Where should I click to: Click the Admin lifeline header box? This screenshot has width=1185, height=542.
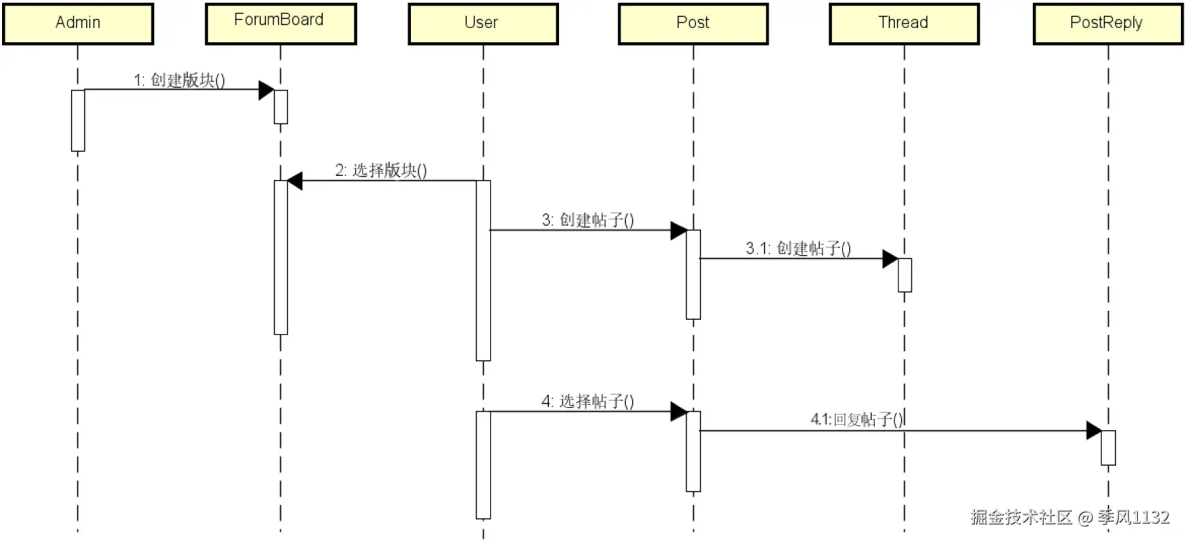[x=78, y=24]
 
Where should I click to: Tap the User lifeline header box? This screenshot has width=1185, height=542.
[x=483, y=24]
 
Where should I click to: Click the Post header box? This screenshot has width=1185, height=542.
[x=693, y=24]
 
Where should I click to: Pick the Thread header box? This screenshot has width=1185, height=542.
[x=904, y=24]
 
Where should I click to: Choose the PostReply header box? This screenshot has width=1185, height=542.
[x=1107, y=24]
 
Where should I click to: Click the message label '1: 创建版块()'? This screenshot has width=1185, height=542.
[x=179, y=80]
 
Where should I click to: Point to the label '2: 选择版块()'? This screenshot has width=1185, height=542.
[x=380, y=170]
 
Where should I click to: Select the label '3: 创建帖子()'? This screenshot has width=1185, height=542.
[x=588, y=220]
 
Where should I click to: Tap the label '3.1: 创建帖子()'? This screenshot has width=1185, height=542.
[x=798, y=249]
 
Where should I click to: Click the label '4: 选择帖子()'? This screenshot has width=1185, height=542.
[x=588, y=402]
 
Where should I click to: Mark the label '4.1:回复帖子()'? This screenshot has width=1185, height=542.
[x=857, y=419]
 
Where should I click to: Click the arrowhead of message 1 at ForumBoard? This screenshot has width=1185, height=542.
[x=266, y=90]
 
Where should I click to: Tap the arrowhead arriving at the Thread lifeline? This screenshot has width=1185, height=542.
[x=890, y=259]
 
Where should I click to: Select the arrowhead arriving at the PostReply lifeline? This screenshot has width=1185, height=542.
[x=1094, y=431]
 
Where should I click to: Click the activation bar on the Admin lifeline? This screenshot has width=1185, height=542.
[x=78, y=121]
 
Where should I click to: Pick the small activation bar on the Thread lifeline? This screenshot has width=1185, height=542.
[x=904, y=275]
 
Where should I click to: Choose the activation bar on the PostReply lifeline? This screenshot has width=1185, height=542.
[x=1108, y=448]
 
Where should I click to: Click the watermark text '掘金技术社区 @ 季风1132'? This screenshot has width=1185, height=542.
[x=1070, y=517]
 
